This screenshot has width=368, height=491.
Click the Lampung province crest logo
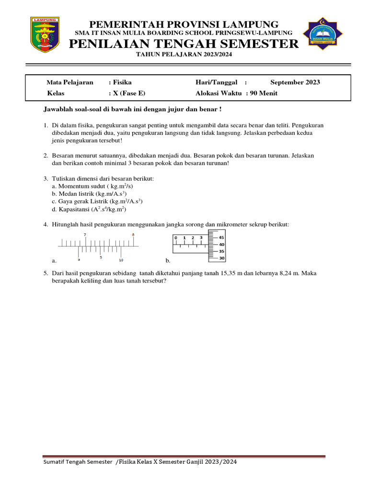[x=44, y=35]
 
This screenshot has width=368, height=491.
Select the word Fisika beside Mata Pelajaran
[x=122, y=82]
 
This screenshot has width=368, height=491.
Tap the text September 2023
[x=295, y=82]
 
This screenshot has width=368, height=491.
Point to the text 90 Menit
[x=264, y=94]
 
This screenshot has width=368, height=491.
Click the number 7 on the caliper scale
[x=85, y=234]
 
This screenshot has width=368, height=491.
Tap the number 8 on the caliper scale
[x=133, y=234]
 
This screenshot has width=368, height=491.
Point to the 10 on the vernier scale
[x=121, y=260]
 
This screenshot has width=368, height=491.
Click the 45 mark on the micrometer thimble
[x=221, y=237]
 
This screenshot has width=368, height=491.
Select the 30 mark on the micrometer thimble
[x=221, y=258]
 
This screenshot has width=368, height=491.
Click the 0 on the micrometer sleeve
[x=176, y=238]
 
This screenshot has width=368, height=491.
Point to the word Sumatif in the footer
[x=54, y=462]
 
